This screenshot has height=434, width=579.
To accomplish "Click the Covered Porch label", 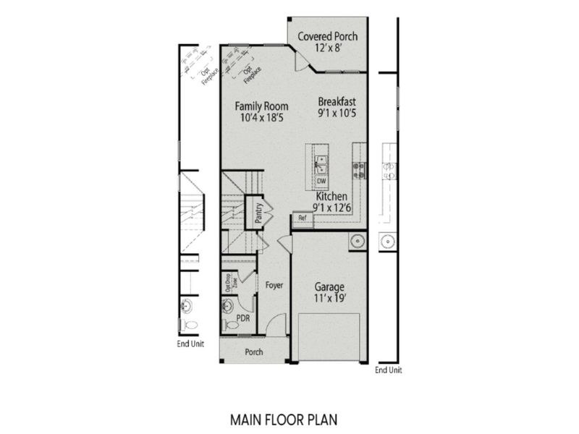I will click(327, 36).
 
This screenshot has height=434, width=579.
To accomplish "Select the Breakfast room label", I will click(337, 101).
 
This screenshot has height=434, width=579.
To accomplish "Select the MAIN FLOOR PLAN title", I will click(283, 418).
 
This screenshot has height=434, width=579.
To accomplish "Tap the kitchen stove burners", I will click(358, 170).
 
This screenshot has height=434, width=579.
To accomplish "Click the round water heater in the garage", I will click(356, 241).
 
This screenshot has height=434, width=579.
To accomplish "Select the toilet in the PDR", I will click(230, 325).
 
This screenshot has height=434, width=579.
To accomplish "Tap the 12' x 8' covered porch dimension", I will click(327, 48).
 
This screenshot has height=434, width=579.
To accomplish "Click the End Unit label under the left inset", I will click(190, 344).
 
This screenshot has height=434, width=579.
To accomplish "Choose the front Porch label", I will click(253, 352).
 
